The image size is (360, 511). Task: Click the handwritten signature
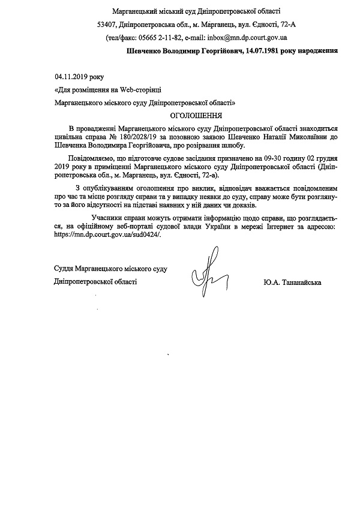tap(206, 273)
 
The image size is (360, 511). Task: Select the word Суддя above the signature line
tap(65, 268)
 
